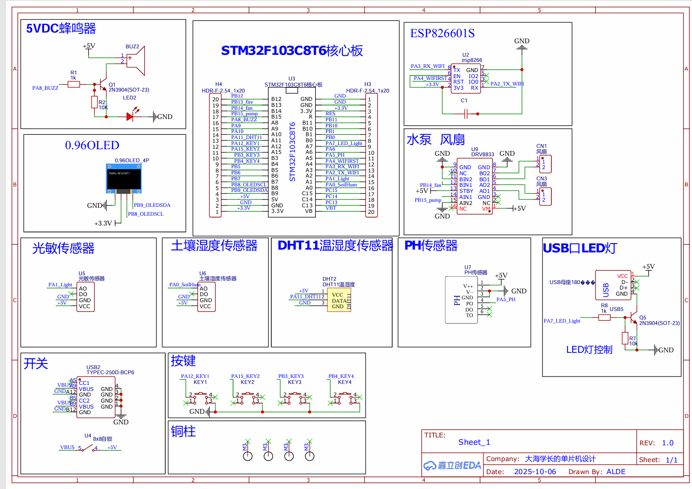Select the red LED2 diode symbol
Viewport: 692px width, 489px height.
131,116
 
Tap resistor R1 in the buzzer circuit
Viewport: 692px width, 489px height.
74,84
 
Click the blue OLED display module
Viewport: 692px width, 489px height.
124,178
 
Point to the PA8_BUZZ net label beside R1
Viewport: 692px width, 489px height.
45,88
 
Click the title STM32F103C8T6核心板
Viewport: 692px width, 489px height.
292,51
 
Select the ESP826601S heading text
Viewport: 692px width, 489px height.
442,33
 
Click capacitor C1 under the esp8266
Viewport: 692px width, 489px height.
466,113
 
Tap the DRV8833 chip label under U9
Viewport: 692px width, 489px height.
483,154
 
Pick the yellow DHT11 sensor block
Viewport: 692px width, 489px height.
339,300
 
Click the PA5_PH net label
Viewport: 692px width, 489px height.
506,299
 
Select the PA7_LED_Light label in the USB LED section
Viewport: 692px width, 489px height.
562,321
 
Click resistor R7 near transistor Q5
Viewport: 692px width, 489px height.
625,338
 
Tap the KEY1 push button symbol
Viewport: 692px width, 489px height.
200,397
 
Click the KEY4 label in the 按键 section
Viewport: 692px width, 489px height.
345,382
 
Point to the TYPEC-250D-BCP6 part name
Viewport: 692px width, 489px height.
110,372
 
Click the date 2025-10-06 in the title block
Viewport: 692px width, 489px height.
535,471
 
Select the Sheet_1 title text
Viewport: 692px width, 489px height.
474,442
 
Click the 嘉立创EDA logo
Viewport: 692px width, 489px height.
452,465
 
